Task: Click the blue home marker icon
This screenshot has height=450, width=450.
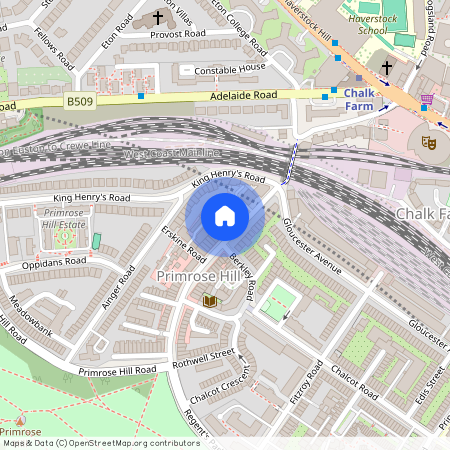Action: tap(224, 216)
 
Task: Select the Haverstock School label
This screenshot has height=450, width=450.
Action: tap(371, 24)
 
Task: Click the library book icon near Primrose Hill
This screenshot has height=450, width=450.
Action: tap(210, 300)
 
